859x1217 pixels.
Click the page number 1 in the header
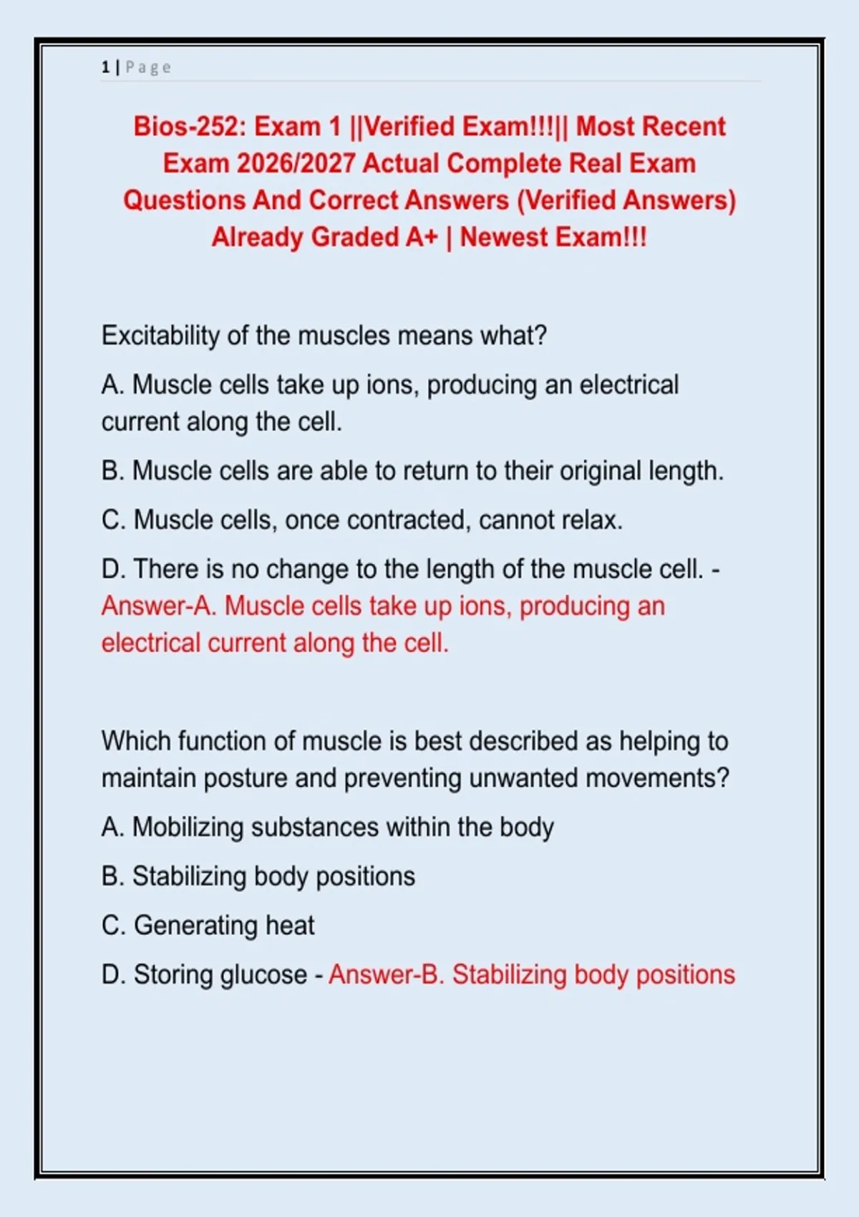pos(105,67)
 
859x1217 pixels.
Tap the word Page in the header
pos(148,67)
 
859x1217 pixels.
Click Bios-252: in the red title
pos(190,127)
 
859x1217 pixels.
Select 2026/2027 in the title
pos(296,163)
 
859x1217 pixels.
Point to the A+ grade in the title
pos(421,237)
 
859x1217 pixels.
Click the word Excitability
pos(160,336)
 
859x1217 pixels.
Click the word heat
pos(290,926)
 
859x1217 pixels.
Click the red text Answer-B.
pos(386,975)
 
